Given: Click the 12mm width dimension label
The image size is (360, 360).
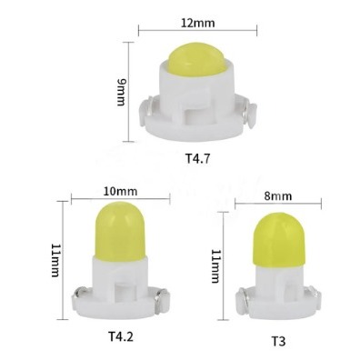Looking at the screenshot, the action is pyautogui.click(x=197, y=23).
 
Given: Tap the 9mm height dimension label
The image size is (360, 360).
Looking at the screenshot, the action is pyautogui.click(x=121, y=93).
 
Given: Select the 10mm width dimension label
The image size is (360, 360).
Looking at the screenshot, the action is pyautogui.click(x=120, y=192).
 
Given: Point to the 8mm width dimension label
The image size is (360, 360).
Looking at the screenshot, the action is pyautogui.click(x=278, y=196).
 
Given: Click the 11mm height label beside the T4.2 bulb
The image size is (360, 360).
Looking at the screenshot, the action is pyautogui.click(x=55, y=260).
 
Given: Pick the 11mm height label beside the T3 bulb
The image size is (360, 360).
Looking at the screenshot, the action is pyautogui.click(x=215, y=266).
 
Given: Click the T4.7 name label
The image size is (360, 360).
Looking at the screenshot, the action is pyautogui.click(x=197, y=159).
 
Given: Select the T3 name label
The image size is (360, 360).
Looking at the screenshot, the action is pyautogui.click(x=278, y=342).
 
